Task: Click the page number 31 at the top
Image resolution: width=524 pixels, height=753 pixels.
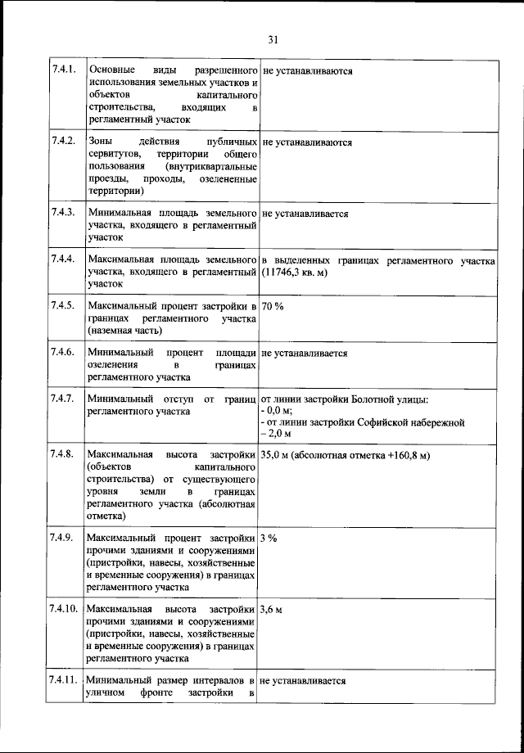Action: (273, 38)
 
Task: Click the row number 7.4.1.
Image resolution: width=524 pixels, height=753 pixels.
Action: (63, 71)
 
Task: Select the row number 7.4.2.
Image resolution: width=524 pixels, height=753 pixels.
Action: (63, 142)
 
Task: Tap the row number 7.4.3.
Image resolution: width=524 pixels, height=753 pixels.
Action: (63, 214)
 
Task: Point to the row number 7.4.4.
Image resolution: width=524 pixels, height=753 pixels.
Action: (63, 261)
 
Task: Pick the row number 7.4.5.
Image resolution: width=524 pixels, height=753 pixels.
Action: (63, 307)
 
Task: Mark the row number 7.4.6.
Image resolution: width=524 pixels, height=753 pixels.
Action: (63, 354)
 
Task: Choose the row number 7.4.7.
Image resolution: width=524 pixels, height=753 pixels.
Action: (63, 400)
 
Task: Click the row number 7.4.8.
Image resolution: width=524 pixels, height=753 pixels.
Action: (63, 455)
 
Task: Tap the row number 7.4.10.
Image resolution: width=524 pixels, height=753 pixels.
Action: (65, 611)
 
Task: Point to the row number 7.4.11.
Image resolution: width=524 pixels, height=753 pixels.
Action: (65, 681)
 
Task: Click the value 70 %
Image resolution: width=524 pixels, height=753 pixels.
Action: (273, 307)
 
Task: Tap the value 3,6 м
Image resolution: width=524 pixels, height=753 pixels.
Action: (272, 611)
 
